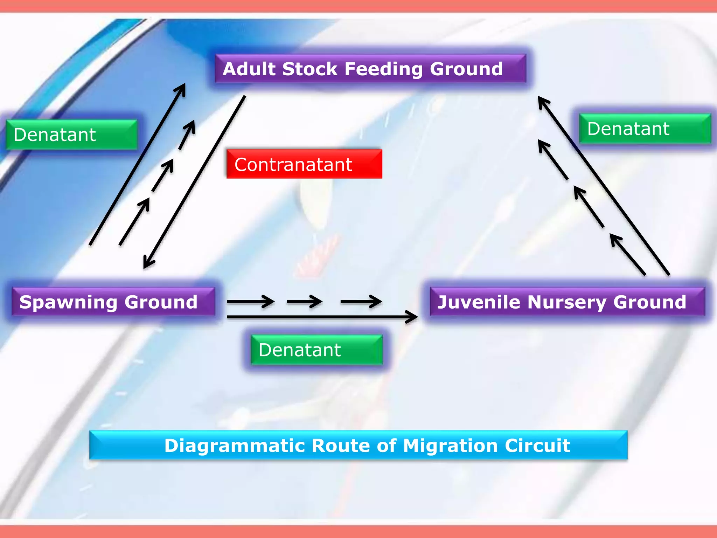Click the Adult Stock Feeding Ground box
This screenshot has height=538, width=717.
coord(370,69)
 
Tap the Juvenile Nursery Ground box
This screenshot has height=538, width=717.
coord(567,302)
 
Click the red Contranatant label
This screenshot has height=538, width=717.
coord(304,164)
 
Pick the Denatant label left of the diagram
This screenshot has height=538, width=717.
coord(71,135)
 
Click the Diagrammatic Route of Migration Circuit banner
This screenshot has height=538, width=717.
coord(358,445)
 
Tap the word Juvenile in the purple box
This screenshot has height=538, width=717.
coord(479,302)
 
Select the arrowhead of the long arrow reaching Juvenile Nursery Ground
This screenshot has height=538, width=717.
coord(413,317)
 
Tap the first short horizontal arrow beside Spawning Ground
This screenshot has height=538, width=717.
coord(250,301)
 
